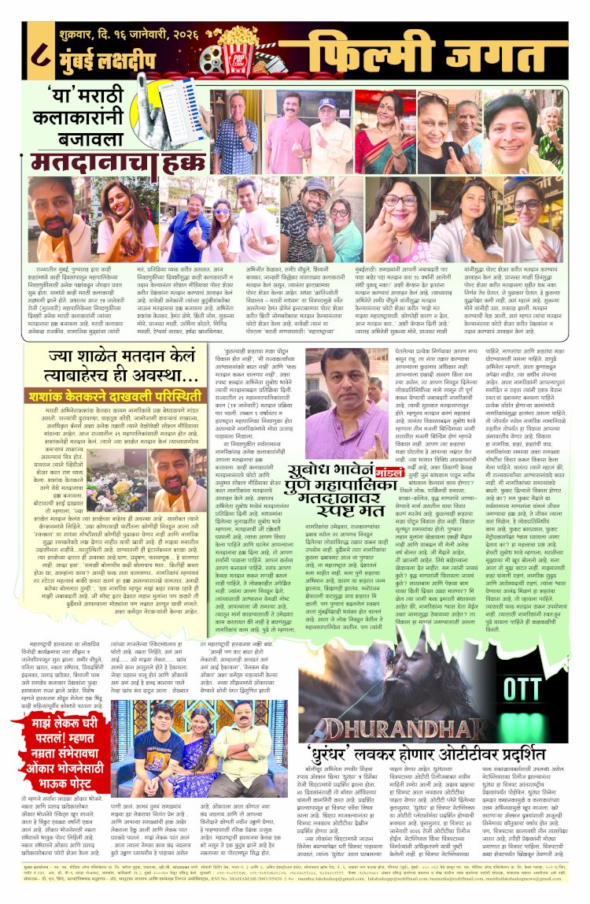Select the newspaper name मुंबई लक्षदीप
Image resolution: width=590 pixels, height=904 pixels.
coord(115,61)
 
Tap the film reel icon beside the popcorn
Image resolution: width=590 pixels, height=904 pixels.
coord(212,59)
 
